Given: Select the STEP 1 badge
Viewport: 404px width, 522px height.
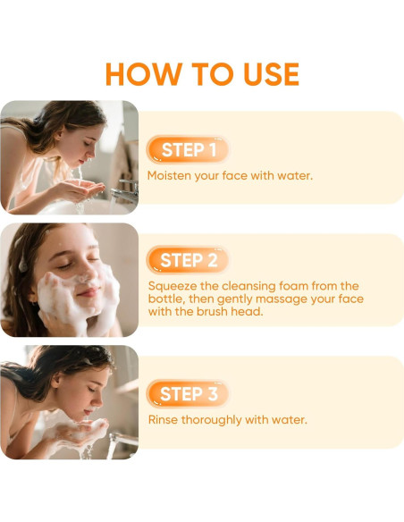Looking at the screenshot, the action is [x=188, y=150].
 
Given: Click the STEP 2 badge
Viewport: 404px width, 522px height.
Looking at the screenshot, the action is [x=188, y=260].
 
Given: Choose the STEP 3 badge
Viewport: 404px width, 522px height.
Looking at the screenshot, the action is [x=188, y=394].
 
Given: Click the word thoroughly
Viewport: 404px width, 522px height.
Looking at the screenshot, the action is [x=211, y=420].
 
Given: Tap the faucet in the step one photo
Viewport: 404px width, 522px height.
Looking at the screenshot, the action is [x=124, y=192].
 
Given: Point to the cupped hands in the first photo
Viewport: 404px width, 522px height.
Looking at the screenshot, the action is [x=77, y=189].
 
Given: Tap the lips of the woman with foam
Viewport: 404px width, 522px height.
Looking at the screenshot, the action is [x=88, y=292].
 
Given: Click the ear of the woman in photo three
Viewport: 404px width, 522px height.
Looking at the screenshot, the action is [x=57, y=380].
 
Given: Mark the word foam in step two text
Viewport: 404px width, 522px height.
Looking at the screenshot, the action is [x=293, y=286].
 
